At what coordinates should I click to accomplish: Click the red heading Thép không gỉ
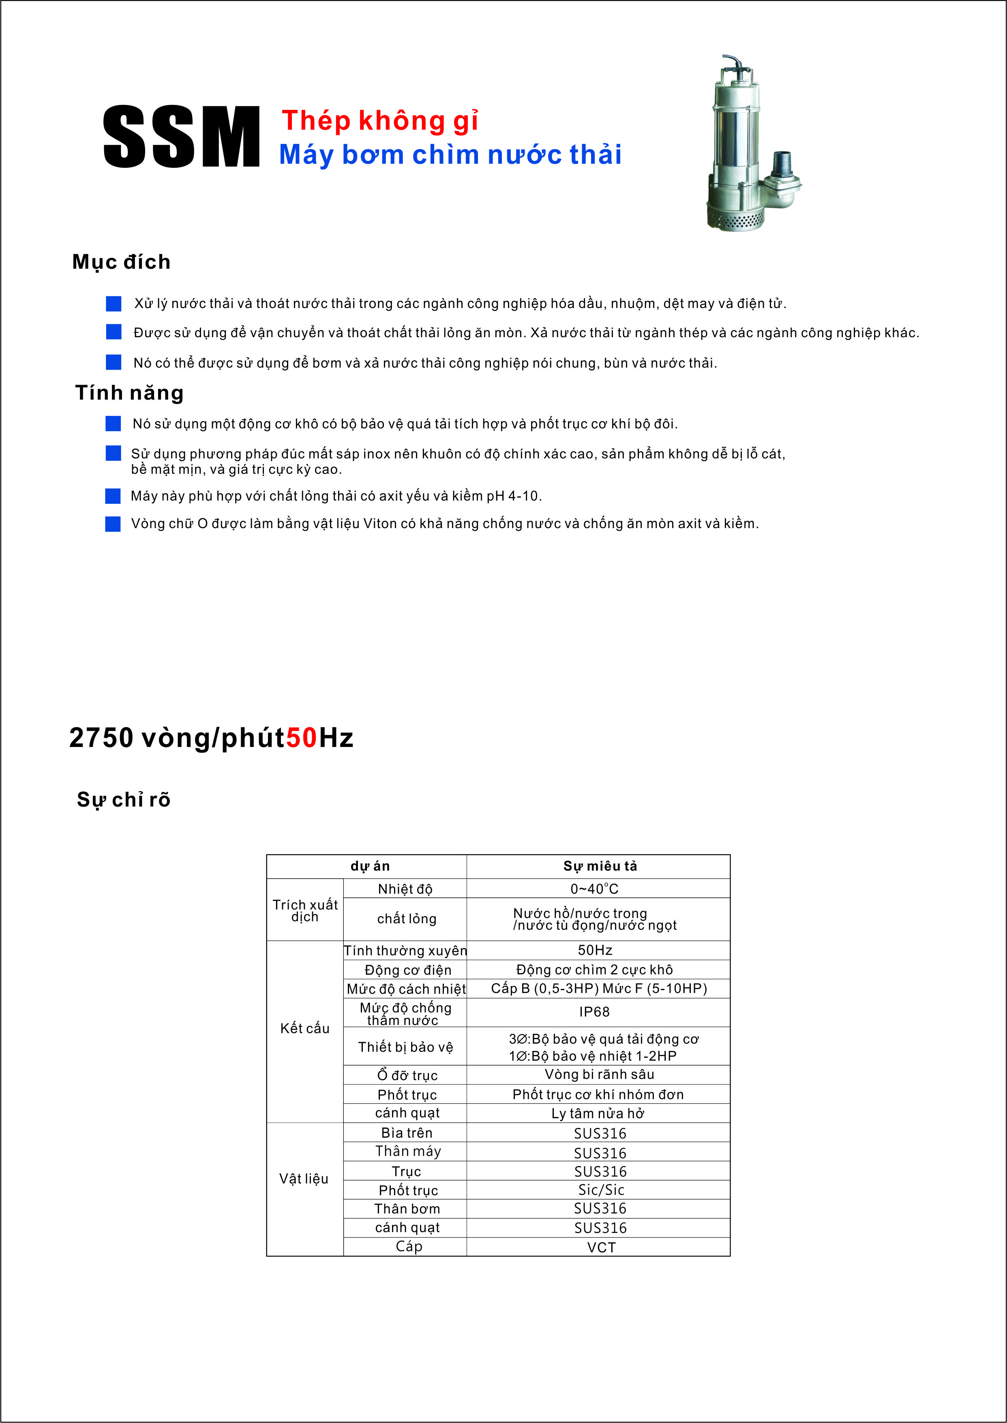379,120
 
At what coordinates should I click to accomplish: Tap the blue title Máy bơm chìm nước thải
450,154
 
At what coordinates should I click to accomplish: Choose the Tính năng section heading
130,393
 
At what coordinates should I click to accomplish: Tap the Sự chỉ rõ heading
123,800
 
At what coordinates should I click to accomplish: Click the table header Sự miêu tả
600,866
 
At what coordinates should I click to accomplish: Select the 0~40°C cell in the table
594,889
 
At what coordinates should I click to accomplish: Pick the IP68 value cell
594,1012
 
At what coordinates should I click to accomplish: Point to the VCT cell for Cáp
601,1247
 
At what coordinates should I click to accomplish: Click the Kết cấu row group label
304,1028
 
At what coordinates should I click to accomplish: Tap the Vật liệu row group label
304,1178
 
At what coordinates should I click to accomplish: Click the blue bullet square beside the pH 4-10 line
113,496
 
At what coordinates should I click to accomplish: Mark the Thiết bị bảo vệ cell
405,1047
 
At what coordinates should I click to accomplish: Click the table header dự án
370,866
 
